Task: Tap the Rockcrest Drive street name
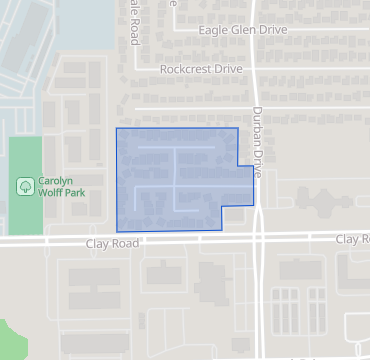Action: pyautogui.click(x=201, y=69)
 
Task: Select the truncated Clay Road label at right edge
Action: pyautogui.click(x=352, y=239)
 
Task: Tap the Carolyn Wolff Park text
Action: pyautogui.click(x=62, y=186)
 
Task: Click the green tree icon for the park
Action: pyautogui.click(x=25, y=186)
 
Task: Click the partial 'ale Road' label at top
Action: pyautogui.click(x=134, y=20)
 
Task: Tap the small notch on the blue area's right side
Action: pyautogui.click(x=245, y=185)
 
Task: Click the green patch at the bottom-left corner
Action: pyautogui.click(x=8, y=340)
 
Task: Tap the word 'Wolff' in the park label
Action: pyautogui.click(x=54, y=192)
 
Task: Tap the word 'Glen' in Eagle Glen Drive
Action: pyautogui.click(x=244, y=30)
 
